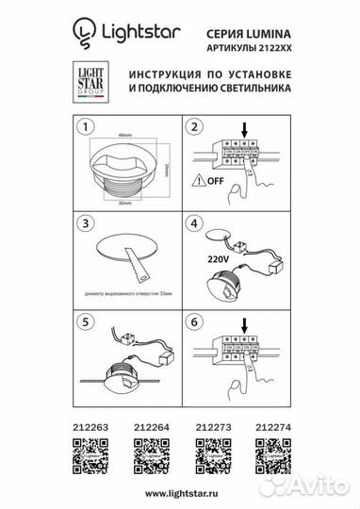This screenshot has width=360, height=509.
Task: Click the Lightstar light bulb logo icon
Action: (x=82, y=35)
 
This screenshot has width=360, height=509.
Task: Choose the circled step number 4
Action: (x=195, y=223)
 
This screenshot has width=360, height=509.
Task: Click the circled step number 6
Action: (x=195, y=320)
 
